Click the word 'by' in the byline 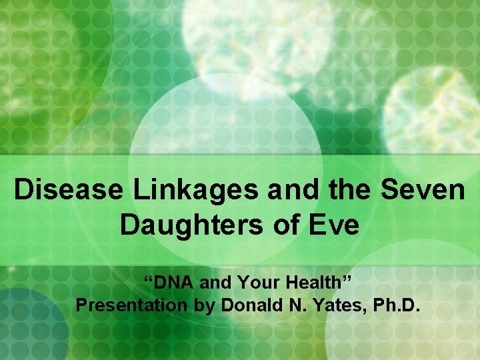203,306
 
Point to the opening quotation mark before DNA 150,278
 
